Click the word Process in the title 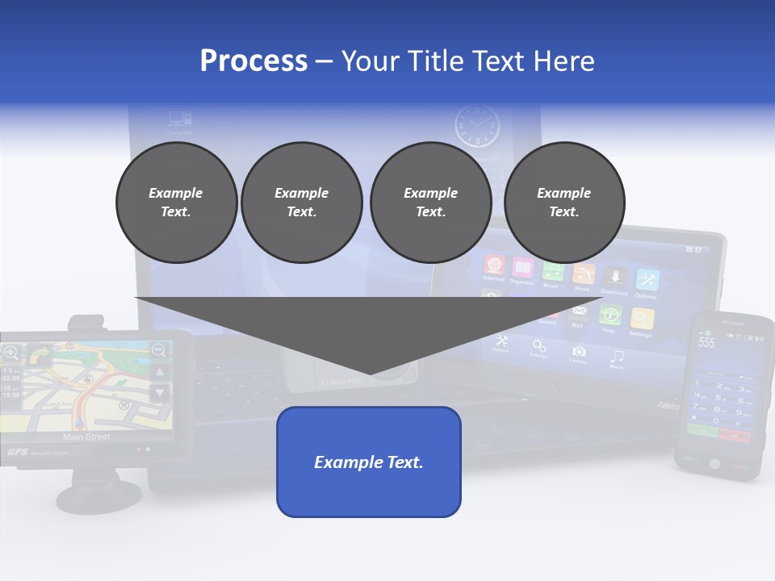pos(253,61)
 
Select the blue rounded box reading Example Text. pos(369,462)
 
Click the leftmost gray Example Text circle pos(176,203)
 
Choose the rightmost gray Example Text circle pos(564,203)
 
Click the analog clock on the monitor pos(476,126)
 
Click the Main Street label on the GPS pos(86,437)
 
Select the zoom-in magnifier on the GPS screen pos(10,352)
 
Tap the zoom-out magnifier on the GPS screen pos(159,349)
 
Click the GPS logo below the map pos(18,452)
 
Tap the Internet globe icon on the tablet pos(494,265)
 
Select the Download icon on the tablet pos(615,278)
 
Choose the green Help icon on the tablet pos(610,316)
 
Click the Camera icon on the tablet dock pos(578,352)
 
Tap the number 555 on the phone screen pos(706,342)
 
